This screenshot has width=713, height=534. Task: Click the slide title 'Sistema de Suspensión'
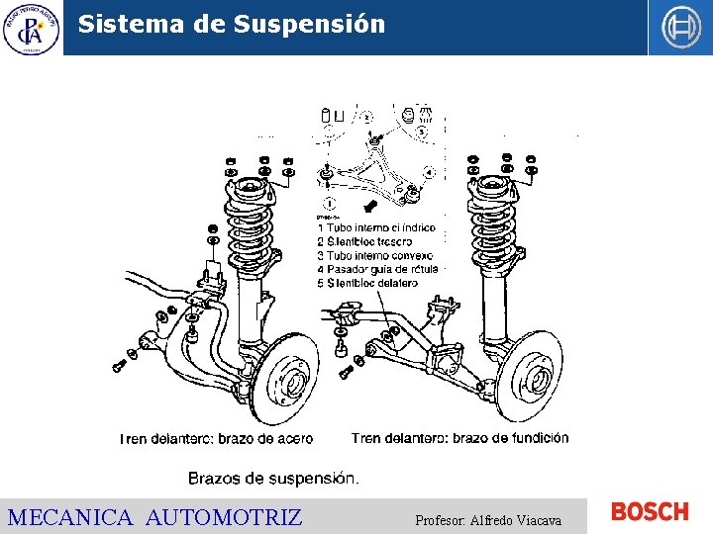pos(231,24)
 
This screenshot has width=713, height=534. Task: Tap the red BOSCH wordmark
pos(650,511)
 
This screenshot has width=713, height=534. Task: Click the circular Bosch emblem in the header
pos(680,28)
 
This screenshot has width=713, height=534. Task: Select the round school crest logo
pos(31,28)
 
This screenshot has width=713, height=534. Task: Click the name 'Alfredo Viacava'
pos(516,519)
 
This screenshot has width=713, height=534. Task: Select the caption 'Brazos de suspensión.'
pos(273,478)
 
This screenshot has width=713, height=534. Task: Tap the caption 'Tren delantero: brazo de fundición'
pos(459,437)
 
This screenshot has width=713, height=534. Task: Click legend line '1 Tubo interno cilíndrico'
pos(376,227)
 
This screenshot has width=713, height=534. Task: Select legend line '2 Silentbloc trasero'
pos(363,241)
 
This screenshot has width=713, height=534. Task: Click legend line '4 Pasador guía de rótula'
pos(377,269)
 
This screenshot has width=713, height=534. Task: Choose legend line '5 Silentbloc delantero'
pos(367,283)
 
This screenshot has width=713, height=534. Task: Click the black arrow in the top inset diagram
pos(370,206)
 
